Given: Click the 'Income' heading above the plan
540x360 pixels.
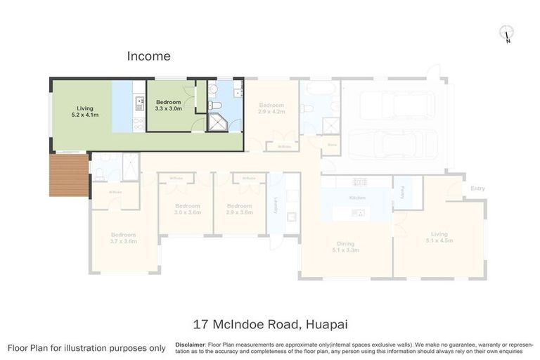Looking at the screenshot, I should click(148, 56).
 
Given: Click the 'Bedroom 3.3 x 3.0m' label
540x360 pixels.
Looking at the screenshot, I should click(169, 105).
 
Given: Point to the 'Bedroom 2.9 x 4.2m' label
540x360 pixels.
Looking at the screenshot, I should click(271, 108).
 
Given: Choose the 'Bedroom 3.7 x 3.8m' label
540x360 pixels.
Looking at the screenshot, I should click(123, 238).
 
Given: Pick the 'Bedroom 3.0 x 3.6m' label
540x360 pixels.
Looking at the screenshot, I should click(188, 209).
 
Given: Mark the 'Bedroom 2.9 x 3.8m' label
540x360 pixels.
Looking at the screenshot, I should click(241, 209).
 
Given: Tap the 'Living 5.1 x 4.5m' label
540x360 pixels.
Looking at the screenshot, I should click(439, 237).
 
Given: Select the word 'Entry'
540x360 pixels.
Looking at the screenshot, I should click(477, 188).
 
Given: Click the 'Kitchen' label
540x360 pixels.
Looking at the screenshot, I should click(357, 198).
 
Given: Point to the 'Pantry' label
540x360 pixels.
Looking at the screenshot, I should click(401, 191).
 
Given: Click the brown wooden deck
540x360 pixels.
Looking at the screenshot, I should click(69, 175).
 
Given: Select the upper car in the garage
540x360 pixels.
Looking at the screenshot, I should click(397, 105).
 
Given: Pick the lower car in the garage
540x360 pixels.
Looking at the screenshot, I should click(387, 144).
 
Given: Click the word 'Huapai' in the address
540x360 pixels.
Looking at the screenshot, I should click(326, 324).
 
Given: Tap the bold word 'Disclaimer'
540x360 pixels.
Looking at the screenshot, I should click(190, 345).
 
